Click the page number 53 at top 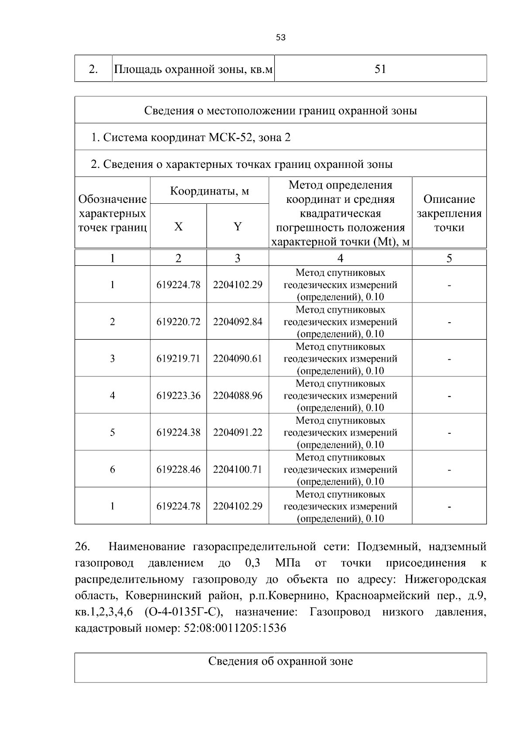point(281,38)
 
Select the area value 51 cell point(380,69)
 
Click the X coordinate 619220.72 point(178,322)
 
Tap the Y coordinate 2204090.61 point(238,359)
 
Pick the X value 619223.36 point(178,396)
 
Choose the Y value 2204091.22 point(238,432)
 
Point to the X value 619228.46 point(178,470)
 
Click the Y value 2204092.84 point(238,322)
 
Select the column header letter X point(178,226)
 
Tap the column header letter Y point(238,226)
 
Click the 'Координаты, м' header point(209,191)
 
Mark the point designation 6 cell point(112,470)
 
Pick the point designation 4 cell point(112,396)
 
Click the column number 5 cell point(449,258)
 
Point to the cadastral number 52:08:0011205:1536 point(235,629)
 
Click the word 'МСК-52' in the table point(232,138)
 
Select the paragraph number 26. point(83,547)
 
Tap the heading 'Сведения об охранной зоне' point(280,661)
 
